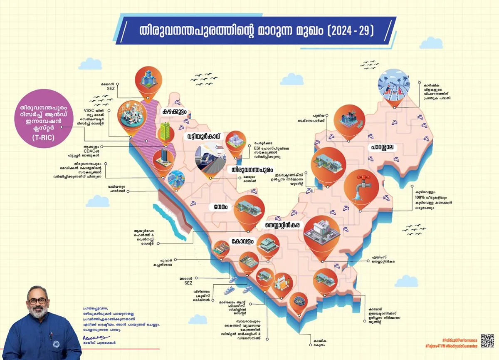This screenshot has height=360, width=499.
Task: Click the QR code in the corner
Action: (x=487, y=340)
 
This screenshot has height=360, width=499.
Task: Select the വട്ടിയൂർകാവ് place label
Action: (x=205, y=137)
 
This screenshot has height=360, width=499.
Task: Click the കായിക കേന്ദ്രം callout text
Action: (x=317, y=343)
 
